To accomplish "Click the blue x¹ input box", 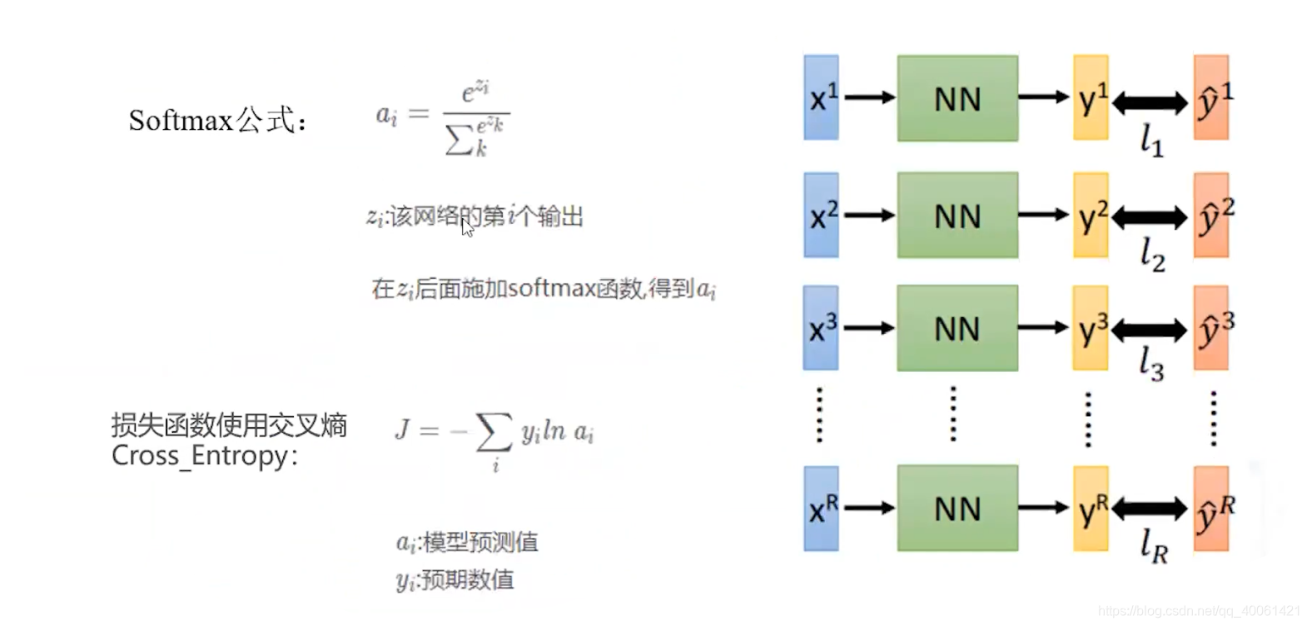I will coord(821,97).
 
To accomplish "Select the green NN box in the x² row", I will coord(957,215).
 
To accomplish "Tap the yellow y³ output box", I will coord(1091,329).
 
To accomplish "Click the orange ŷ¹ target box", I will coord(1211,97).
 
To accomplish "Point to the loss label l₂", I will coord(1152,254).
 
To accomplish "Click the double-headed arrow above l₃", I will coord(1149,330).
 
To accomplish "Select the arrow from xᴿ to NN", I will coord(869,508).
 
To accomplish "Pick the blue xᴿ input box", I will coord(821,508).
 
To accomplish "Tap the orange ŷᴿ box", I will coord(1211,509).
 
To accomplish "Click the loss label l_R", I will coord(1154,546).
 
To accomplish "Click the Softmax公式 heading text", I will coord(217,121).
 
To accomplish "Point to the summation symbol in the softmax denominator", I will coord(459,141).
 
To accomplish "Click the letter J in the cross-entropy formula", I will coord(403,430).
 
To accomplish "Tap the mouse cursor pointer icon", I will coord(467,227).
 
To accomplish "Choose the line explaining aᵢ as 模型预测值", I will coord(467,543).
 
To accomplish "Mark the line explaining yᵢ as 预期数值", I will coord(455,579).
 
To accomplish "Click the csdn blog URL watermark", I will coord(1199,612).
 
